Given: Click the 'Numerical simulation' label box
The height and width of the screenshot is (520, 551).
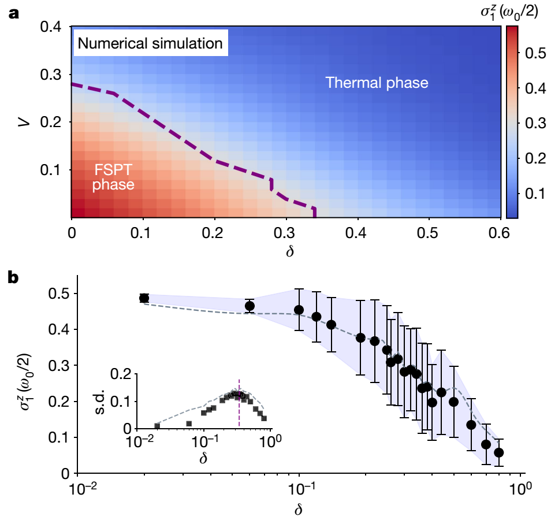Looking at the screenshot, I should coord(150,43).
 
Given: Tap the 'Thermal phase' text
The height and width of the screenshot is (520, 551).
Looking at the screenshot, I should coord(377,83).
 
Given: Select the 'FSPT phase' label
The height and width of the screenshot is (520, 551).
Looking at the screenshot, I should coord(113,177).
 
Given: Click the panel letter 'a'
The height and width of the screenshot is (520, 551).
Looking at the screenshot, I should coord(13,13).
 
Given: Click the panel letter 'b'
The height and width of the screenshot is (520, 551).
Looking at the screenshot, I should coord(13,277).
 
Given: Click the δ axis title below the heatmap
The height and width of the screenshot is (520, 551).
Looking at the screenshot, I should coord(285,252).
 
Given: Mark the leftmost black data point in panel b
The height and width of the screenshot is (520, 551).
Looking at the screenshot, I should coord(144,298).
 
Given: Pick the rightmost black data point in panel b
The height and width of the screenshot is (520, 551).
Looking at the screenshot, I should coord(499,452).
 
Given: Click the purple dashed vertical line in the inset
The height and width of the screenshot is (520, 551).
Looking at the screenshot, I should coord(239,404).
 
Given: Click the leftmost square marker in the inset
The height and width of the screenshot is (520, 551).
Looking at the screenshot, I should coord(157,426).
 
